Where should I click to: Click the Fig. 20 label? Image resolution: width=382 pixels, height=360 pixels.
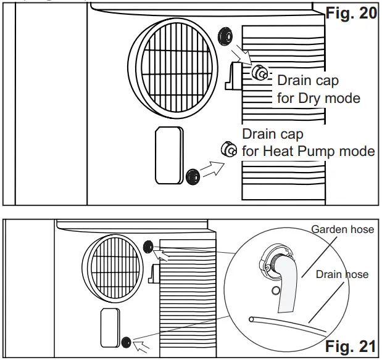(x=351, y=13)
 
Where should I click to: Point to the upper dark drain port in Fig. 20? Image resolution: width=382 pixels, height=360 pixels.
(x=223, y=35)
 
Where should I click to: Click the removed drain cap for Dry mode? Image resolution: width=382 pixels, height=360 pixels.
(x=259, y=73)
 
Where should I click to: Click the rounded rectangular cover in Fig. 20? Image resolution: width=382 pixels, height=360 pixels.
(x=168, y=155)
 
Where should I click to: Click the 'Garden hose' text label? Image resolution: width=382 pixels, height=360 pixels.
(x=343, y=229)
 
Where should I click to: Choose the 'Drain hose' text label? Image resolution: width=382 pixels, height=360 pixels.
(x=342, y=274)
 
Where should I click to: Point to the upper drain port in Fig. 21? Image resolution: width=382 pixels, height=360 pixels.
(x=149, y=248)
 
